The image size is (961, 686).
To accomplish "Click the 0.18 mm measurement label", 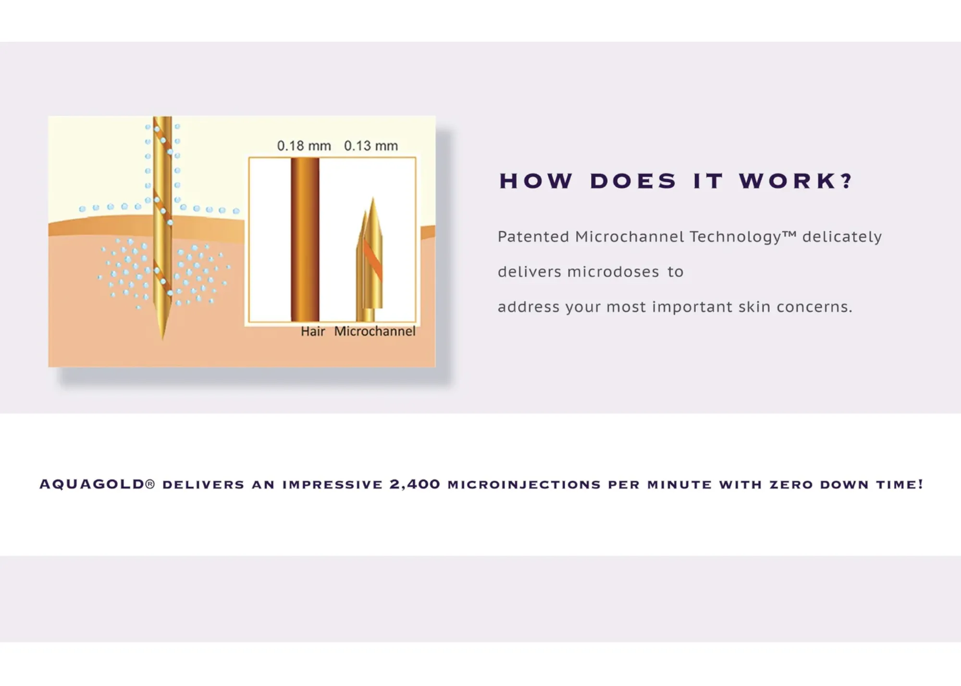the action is [304, 145].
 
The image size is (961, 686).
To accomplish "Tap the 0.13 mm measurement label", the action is [371, 145].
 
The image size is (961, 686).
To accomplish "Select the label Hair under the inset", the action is [313, 331].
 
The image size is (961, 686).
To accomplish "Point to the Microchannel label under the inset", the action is [375, 331].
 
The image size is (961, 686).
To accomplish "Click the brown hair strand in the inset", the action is [305, 240].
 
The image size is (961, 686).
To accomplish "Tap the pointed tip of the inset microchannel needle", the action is [373, 197].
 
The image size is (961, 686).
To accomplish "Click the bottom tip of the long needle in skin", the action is [163, 340].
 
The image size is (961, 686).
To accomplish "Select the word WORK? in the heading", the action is [796, 181].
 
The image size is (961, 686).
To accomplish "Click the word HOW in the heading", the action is [536, 181].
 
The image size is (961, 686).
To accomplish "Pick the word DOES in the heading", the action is [633, 181].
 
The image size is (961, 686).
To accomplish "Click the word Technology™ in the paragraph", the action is [743, 237].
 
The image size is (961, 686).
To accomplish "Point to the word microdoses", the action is [613, 272].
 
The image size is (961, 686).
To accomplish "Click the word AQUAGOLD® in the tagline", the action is [97, 484].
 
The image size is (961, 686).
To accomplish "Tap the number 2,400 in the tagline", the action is [415, 484].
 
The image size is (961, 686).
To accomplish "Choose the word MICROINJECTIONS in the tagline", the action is [524, 485].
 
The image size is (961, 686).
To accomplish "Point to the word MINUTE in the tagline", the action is [679, 485].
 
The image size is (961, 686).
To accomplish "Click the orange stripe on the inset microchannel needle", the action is [373, 260].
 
